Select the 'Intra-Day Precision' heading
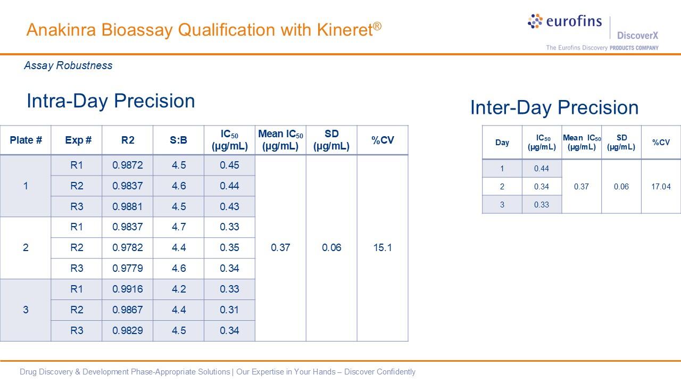click(x=111, y=101)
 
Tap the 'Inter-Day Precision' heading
click(x=554, y=107)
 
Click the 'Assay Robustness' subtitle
click(x=68, y=65)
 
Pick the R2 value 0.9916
click(x=128, y=289)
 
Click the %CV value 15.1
click(x=383, y=247)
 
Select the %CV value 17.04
click(x=661, y=187)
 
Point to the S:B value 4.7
click(x=179, y=227)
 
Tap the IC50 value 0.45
click(x=229, y=165)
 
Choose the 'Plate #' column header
click(x=26, y=140)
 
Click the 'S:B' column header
click(x=178, y=140)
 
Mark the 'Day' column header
click(x=502, y=143)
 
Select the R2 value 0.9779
click(x=128, y=268)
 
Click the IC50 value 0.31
click(x=229, y=310)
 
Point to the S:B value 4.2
click(x=179, y=289)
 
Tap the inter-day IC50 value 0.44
click(x=542, y=169)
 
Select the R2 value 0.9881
click(x=128, y=206)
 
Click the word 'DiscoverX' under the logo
click(x=637, y=36)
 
